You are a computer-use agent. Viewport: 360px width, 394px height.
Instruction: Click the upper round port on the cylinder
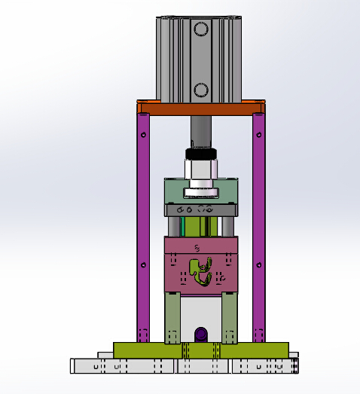click(200, 29)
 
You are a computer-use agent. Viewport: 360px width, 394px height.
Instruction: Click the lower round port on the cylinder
click(200, 90)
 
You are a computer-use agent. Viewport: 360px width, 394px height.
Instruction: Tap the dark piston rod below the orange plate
click(201, 132)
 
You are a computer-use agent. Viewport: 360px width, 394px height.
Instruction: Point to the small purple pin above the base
click(200, 334)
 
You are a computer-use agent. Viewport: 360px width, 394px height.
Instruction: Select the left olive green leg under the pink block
click(172, 316)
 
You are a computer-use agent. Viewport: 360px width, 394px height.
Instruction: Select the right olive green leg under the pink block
click(230, 316)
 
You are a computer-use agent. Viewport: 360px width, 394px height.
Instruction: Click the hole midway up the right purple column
click(260, 265)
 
